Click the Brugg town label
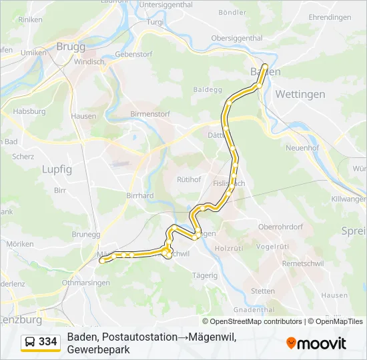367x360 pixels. [x=71, y=47]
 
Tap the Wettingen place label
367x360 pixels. [x=300, y=94]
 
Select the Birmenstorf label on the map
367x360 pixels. [x=150, y=114]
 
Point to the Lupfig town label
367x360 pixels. [x=57, y=169]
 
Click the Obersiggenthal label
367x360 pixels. [x=237, y=39]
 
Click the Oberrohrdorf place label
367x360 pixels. [x=281, y=226]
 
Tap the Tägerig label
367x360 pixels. [x=204, y=275]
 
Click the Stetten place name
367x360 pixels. [x=262, y=291]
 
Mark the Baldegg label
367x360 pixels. [x=207, y=89]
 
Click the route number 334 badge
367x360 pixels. [x=47, y=342]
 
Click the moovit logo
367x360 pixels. [x=316, y=343]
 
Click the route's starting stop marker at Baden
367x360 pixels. [x=264, y=66]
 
